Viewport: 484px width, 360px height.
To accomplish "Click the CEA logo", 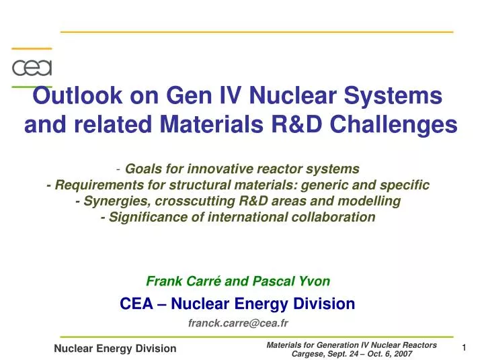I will [x=32, y=68].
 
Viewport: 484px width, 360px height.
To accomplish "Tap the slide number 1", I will [x=464, y=347].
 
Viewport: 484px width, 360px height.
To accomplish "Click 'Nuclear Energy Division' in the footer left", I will [x=115, y=348].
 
